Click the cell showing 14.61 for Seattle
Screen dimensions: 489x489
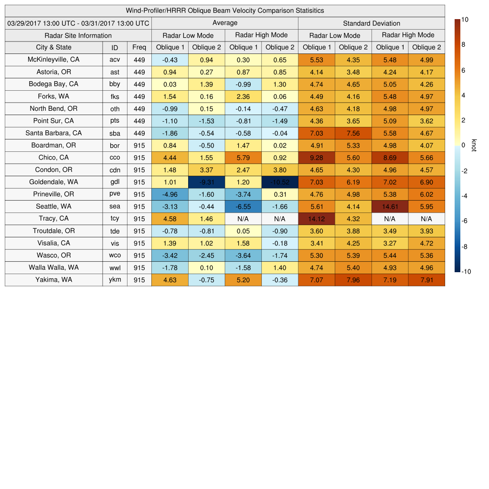click(x=390, y=207)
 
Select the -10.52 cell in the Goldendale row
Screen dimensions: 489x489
click(x=280, y=182)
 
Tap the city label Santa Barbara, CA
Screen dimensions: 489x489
click(x=53, y=133)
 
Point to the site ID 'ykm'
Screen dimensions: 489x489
click(x=115, y=280)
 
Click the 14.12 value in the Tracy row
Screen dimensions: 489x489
click(x=316, y=219)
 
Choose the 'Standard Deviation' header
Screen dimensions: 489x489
click(x=372, y=23)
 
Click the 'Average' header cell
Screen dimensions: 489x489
click(x=224, y=23)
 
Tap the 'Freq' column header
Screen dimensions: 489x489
click(x=139, y=47)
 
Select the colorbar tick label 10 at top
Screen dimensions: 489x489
click(x=465, y=20)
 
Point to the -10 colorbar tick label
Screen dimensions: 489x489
click(x=466, y=272)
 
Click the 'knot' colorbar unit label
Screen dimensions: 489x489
click(x=474, y=146)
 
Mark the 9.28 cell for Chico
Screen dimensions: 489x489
click(x=316, y=158)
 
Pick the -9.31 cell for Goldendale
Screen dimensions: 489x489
click(x=206, y=182)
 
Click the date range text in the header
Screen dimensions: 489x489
click(x=78, y=23)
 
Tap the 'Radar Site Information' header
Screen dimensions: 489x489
click(x=78, y=35)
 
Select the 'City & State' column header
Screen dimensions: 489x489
click(x=53, y=47)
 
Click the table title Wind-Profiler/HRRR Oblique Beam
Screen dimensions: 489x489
click(x=224, y=11)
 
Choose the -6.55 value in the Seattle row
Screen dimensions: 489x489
click(x=243, y=207)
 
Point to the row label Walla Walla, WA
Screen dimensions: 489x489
click(x=53, y=268)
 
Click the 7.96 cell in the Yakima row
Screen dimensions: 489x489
click(x=353, y=280)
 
